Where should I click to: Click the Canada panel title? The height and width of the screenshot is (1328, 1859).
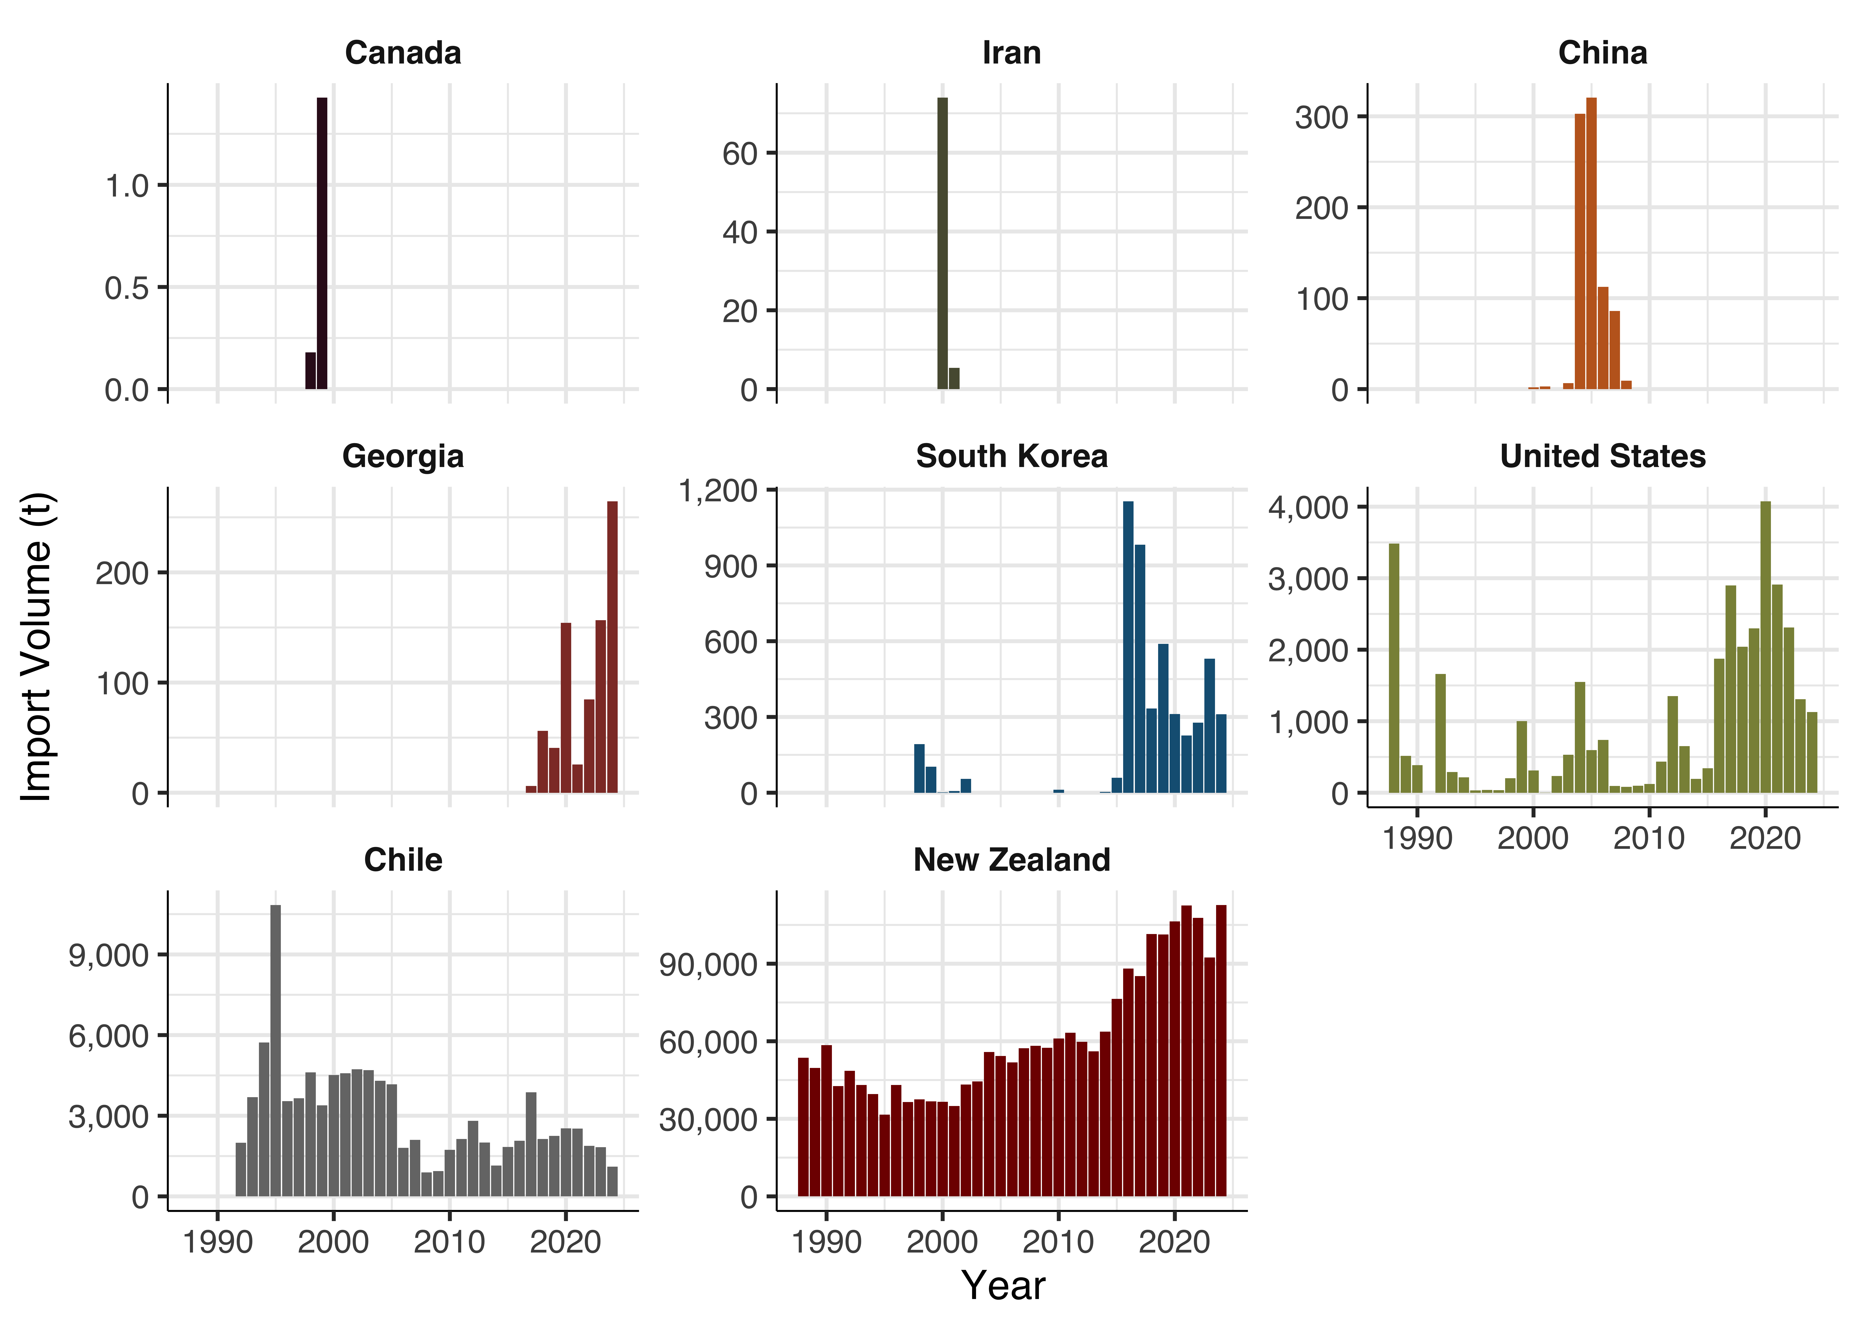[x=403, y=53]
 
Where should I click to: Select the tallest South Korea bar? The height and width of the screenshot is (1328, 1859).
[x=1128, y=647]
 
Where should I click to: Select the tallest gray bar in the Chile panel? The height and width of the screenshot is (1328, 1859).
[x=276, y=1051]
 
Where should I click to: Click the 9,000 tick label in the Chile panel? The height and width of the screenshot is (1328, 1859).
[x=109, y=955]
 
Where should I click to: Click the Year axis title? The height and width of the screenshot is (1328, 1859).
[x=1003, y=1286]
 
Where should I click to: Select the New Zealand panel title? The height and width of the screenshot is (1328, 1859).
[x=1012, y=860]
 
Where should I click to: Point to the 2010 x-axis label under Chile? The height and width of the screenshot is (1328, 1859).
[x=450, y=1242]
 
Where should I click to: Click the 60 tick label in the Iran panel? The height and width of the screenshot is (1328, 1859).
[x=740, y=154]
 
